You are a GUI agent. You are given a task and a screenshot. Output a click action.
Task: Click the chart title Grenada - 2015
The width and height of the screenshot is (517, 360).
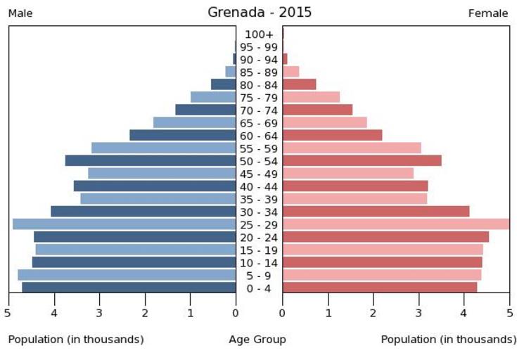click(x=260, y=13)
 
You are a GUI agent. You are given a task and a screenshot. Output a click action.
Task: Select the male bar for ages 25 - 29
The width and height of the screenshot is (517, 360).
click(x=124, y=224)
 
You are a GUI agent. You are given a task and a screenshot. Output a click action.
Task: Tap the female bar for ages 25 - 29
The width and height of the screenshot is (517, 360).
click(x=395, y=224)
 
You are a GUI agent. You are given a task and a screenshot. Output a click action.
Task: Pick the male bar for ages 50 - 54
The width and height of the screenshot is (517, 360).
click(x=151, y=160)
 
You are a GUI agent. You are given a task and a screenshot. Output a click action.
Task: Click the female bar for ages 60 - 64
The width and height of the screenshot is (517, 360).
click(x=332, y=135)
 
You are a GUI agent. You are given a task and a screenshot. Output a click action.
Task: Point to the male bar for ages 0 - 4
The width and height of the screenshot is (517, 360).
click(x=129, y=288)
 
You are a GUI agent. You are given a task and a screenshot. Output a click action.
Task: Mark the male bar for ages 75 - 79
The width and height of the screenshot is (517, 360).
click(x=213, y=97)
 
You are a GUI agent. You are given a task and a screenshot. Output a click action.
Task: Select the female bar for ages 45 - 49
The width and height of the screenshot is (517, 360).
click(x=347, y=173)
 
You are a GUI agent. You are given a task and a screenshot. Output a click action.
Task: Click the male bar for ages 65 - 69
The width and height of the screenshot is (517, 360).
click(x=194, y=122)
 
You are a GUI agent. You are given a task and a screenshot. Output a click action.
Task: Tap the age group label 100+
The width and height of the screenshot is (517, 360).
click(x=259, y=34)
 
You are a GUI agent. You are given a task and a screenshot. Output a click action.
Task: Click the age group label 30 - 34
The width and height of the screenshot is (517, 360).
click(x=259, y=212)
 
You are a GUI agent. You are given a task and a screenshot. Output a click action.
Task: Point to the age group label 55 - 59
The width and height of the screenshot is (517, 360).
click(x=259, y=148)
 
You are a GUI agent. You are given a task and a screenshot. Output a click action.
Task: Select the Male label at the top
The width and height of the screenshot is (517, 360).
click(x=20, y=13)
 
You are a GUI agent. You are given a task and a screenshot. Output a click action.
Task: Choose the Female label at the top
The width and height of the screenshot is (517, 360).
click(x=488, y=13)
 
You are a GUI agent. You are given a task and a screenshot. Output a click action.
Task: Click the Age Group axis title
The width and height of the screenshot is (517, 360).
click(x=257, y=340)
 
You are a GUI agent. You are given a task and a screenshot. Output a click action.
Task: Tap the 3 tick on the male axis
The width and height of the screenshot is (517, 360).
click(x=99, y=313)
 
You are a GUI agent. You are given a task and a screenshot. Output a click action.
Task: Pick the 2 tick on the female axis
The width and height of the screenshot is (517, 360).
click(x=374, y=313)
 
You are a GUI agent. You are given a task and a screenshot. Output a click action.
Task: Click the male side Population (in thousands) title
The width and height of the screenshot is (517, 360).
click(x=76, y=340)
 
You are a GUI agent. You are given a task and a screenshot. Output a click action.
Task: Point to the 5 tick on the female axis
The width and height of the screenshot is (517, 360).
click(x=510, y=313)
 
